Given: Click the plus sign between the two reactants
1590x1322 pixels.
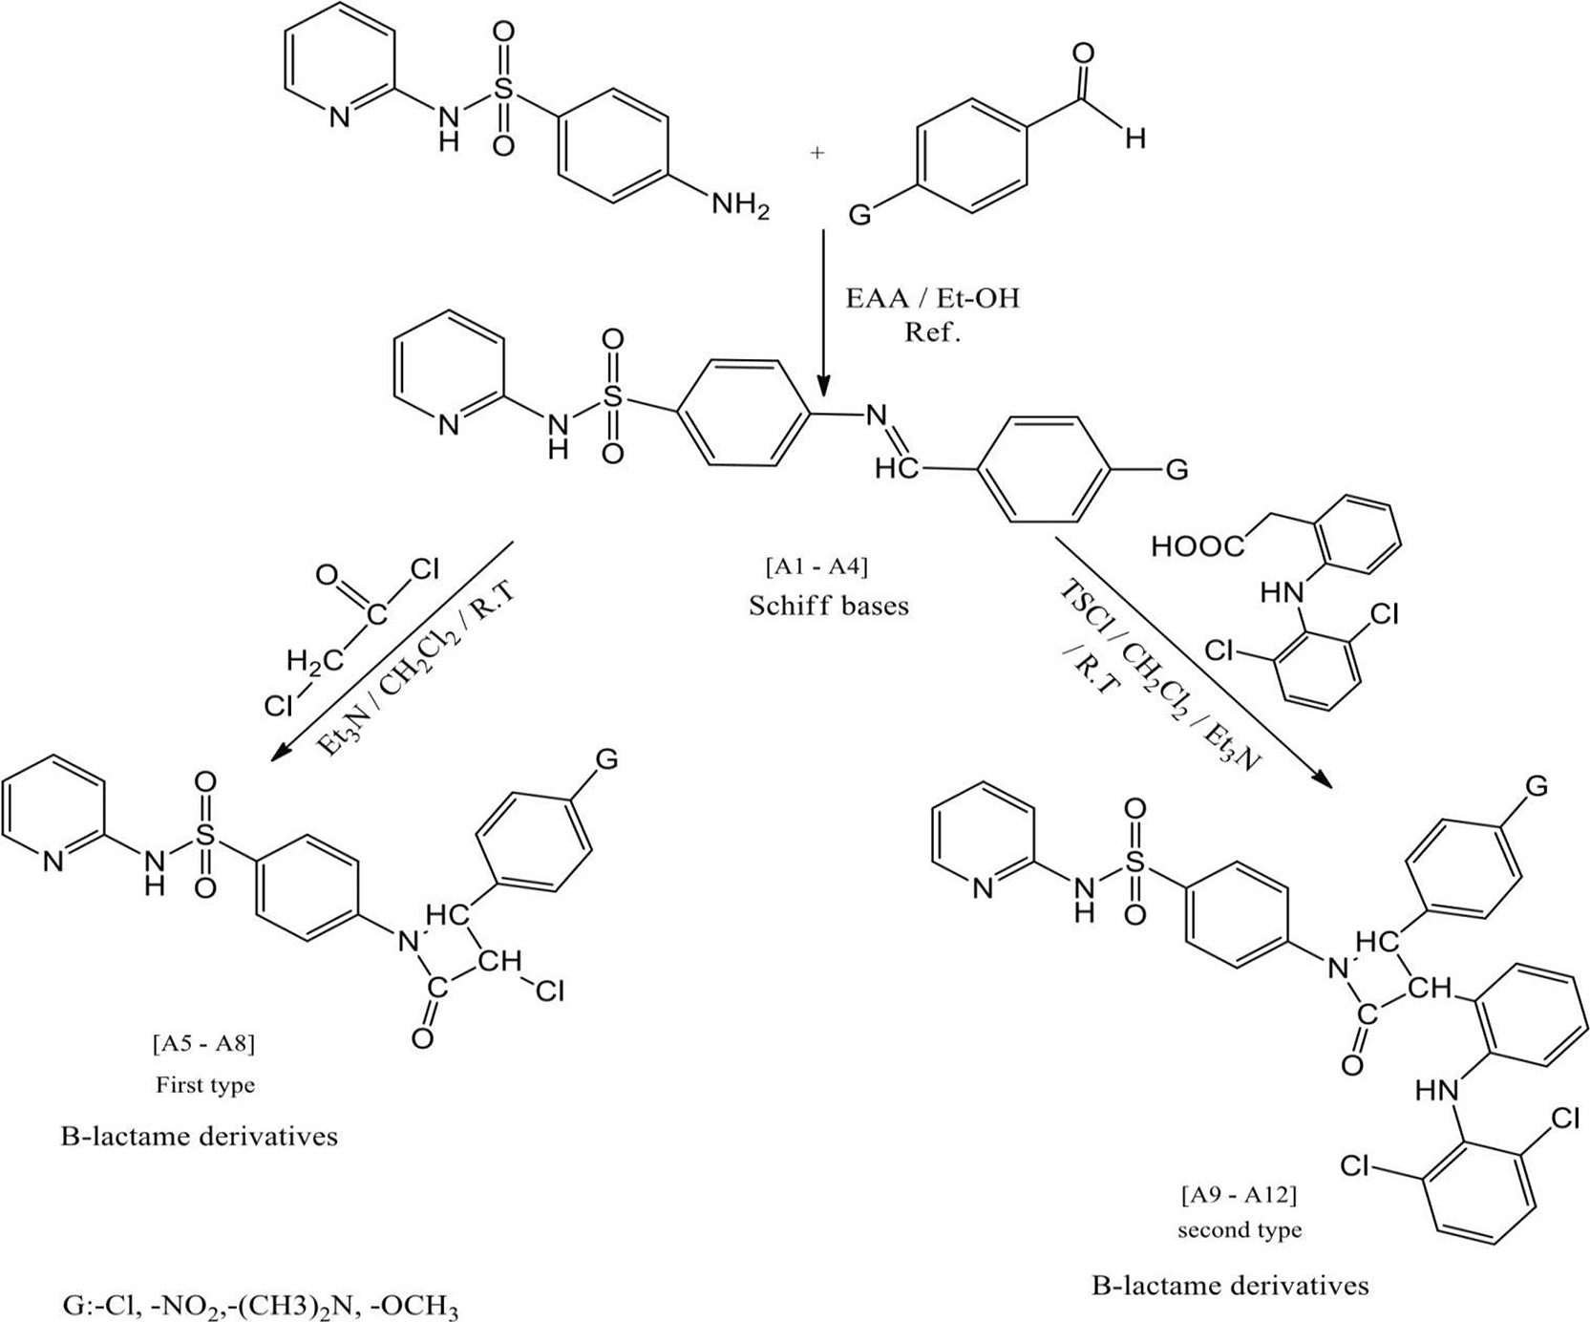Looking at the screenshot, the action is coord(817,152).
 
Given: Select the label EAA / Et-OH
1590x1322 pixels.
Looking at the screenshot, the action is coord(933,299).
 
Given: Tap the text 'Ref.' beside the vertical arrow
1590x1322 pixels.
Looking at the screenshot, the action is coord(933,334).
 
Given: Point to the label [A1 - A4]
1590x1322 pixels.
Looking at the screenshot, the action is coord(816,567).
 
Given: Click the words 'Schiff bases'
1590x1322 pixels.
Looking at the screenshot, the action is coord(828,606).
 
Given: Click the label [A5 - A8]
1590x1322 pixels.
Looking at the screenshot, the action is coord(203,1045).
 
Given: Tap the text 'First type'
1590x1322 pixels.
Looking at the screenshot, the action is coord(205,1085).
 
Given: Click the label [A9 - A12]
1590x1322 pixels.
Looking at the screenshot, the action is coord(1239,1195).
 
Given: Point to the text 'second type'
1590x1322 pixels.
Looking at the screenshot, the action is coord(1240,1230).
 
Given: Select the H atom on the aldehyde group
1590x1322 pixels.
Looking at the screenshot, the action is coord(1134,139).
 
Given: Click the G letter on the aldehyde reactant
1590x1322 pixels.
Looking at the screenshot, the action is coord(859,216).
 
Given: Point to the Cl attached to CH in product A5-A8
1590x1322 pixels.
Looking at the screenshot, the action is coord(550,992).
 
